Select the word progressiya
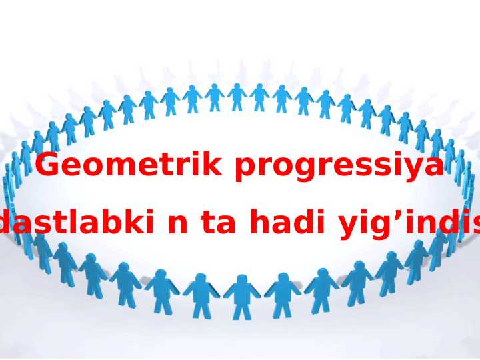tap(339, 167)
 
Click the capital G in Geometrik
tap(48, 165)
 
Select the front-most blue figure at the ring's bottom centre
tap(242, 297)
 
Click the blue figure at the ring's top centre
tap(237, 97)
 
